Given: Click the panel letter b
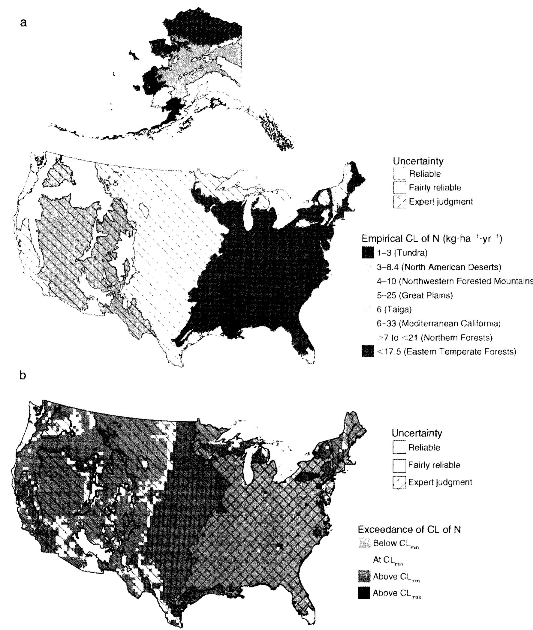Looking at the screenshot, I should point(23,375).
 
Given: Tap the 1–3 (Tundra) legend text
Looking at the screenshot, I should point(402,253).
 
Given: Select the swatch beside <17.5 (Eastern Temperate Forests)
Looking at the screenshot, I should point(367,351).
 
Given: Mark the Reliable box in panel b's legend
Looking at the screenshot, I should point(399,447).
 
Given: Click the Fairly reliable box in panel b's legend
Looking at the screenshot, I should point(399,465).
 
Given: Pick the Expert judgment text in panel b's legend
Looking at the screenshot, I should point(440,482).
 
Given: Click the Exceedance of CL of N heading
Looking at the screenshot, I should point(409,529).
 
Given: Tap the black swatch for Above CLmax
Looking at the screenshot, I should point(364,594).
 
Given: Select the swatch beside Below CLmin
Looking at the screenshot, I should point(364,544).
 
